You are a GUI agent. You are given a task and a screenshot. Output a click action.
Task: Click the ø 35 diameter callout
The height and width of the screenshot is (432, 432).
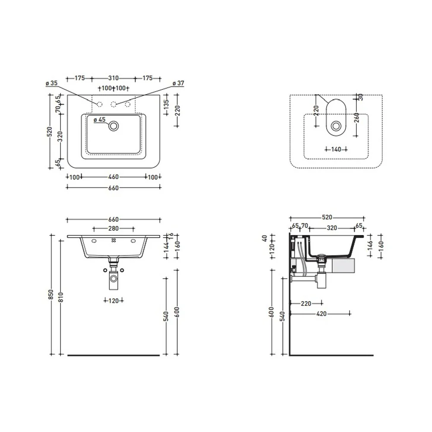coord(51,83)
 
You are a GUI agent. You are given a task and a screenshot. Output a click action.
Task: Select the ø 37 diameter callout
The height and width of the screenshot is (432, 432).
coord(178,83)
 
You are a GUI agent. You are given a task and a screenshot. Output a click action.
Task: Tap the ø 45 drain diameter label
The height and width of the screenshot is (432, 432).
coord(99,120)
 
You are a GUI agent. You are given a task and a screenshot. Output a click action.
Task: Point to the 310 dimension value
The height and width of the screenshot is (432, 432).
coord(113,78)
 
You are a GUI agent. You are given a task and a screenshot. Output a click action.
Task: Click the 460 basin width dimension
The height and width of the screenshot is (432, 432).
coord(114,177)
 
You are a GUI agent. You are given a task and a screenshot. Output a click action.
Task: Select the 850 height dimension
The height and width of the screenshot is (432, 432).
coord(51,295)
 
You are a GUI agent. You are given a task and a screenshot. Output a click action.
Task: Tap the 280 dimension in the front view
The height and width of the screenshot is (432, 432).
coord(114,229)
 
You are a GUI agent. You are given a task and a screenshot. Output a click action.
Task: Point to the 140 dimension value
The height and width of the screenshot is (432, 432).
coord(336,149)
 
